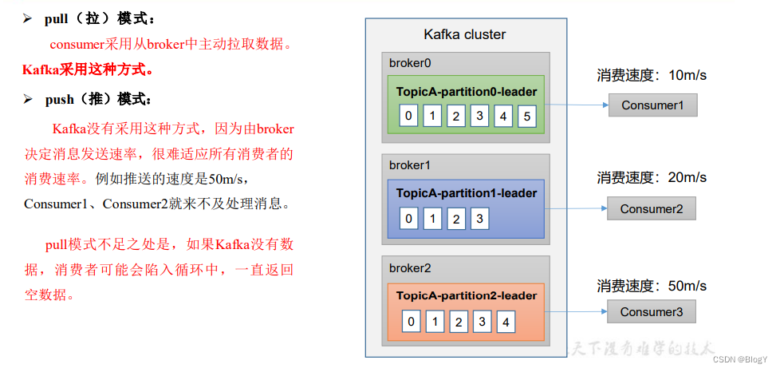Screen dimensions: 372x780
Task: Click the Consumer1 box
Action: pos(652,105)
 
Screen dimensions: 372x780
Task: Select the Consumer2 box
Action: pos(652,209)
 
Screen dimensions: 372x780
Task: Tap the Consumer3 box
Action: pos(652,312)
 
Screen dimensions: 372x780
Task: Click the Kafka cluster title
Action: pos(464,34)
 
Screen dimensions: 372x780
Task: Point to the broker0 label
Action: pos(410,63)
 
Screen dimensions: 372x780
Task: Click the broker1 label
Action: pos(410,165)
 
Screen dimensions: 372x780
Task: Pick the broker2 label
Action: pos(410,267)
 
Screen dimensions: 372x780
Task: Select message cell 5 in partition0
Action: pos(526,117)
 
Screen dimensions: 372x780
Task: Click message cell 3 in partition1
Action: pos(479,218)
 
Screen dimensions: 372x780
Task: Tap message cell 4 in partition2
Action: pos(505,323)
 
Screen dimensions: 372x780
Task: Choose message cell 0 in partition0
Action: pos(408,117)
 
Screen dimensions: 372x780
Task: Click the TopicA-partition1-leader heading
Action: pos(467,193)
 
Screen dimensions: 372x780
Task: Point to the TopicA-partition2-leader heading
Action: pos(467,295)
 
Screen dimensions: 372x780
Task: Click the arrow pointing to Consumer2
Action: pos(574,209)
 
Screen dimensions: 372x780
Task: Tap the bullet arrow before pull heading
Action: pos(26,18)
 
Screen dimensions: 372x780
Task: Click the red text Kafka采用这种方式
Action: pos(88,69)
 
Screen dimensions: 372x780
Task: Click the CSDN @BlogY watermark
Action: pos(740,360)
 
